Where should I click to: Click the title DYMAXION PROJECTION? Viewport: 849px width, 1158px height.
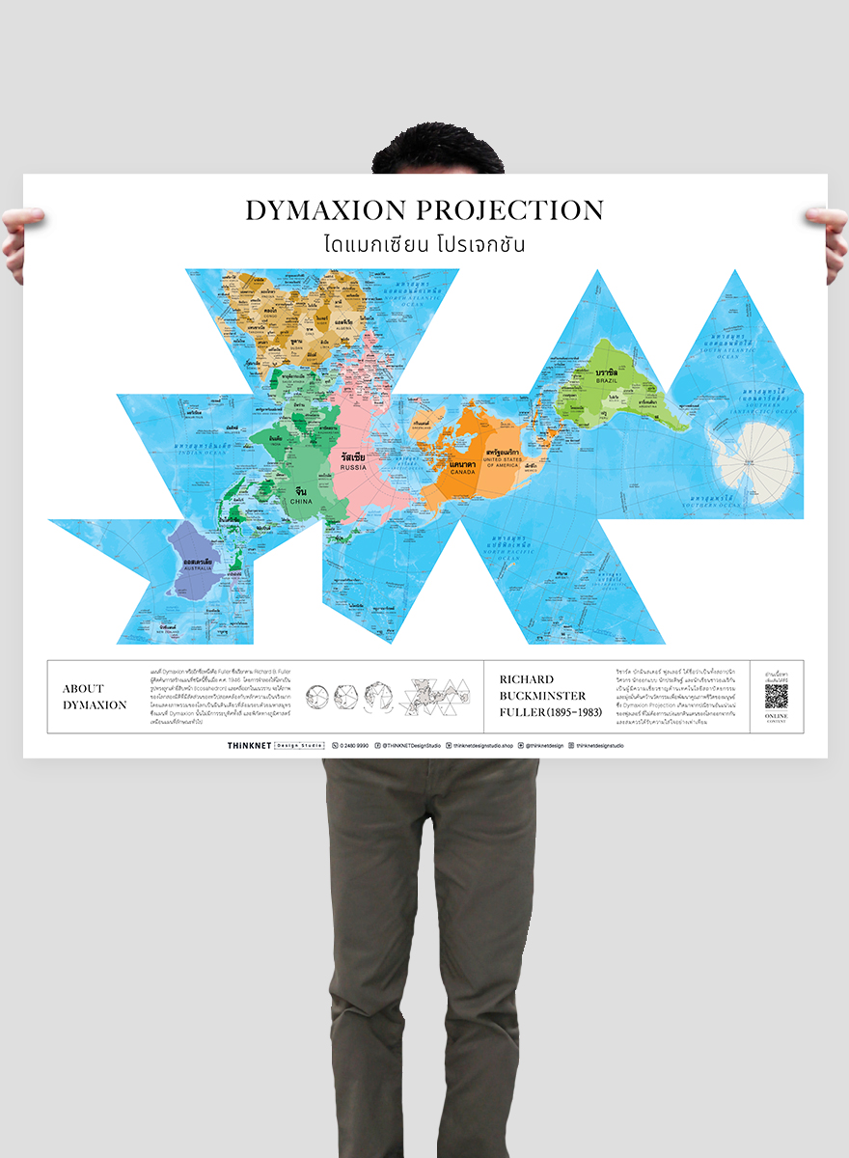tap(424, 210)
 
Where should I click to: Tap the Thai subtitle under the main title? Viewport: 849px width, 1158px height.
tap(424, 243)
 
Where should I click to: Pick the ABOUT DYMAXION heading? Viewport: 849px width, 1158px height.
tap(95, 697)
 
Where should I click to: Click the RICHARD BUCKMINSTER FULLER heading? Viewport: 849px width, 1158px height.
tap(548, 696)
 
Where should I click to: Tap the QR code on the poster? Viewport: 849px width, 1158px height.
tap(777, 696)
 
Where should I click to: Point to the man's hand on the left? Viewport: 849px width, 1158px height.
tap(19, 241)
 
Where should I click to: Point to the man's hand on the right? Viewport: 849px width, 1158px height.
tap(831, 241)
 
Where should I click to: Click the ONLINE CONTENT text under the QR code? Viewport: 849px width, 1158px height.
tap(777, 718)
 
